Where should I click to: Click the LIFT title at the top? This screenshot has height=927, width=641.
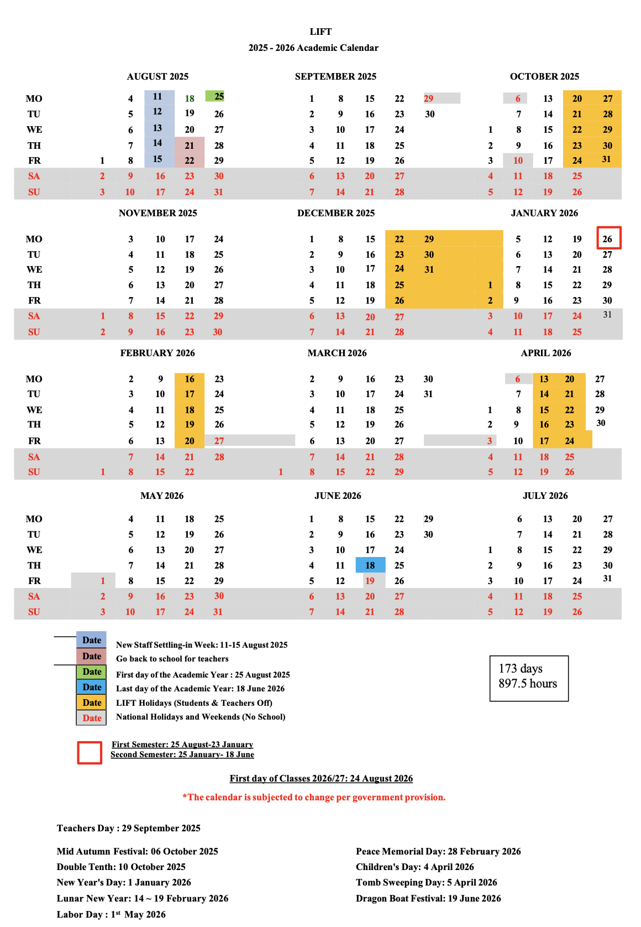pyautogui.click(x=320, y=32)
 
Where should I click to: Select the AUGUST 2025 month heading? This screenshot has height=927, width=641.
pyautogui.click(x=157, y=76)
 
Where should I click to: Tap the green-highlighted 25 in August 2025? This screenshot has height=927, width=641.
pyautogui.click(x=218, y=96)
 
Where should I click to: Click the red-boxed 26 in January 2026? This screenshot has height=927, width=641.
pyautogui.click(x=608, y=238)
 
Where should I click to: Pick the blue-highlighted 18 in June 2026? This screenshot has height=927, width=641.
pyautogui.click(x=370, y=565)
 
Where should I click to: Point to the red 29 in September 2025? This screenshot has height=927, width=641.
pyautogui.click(x=429, y=98)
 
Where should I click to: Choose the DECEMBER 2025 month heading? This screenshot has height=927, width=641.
pyautogui.click(x=335, y=213)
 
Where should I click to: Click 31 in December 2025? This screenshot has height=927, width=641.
pyautogui.click(x=429, y=269)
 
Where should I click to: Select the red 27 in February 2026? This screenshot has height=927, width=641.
pyautogui.click(x=219, y=441)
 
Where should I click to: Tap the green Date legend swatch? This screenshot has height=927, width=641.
pyautogui.click(x=92, y=671)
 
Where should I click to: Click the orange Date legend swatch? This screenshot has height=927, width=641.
pyautogui.click(x=92, y=702)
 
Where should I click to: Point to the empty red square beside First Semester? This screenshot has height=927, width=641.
pyautogui.click(x=90, y=753)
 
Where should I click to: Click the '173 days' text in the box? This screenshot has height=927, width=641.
pyautogui.click(x=521, y=669)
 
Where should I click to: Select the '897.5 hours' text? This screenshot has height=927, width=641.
pyautogui.click(x=528, y=684)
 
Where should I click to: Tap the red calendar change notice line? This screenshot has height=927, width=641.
pyautogui.click(x=314, y=797)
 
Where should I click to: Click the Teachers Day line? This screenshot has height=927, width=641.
pyautogui.click(x=128, y=828)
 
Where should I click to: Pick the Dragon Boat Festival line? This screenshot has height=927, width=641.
pyautogui.click(x=428, y=898)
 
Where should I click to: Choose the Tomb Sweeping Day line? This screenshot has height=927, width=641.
pyautogui.click(x=426, y=882)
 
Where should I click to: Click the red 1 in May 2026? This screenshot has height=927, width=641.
pyautogui.click(x=103, y=581)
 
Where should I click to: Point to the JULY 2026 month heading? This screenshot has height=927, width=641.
pyautogui.click(x=545, y=496)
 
